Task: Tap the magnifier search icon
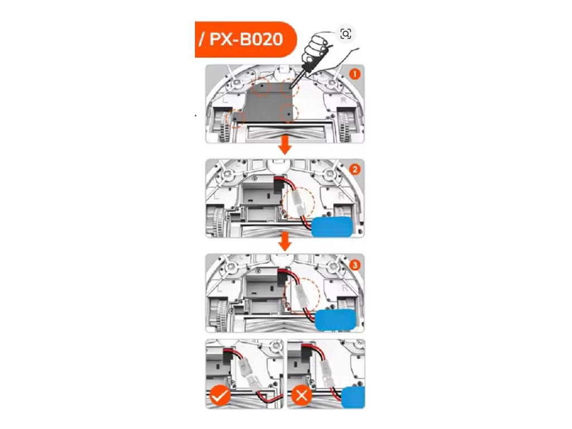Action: [346, 35]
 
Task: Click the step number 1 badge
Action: [355, 74]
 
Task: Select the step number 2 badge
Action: [355, 169]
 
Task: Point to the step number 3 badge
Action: [355, 264]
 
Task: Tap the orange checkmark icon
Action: [220, 397]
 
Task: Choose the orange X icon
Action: [302, 397]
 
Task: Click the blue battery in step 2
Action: [332, 227]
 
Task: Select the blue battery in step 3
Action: [335, 320]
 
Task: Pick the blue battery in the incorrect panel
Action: [353, 398]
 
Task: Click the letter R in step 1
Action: [342, 101]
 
